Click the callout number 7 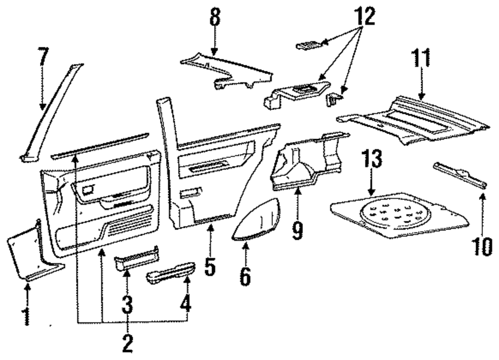click(43, 57)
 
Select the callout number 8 click(215, 17)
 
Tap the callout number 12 click(364, 16)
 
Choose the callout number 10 click(483, 246)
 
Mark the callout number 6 click(245, 276)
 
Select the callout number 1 click(27, 316)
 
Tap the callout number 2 click(127, 344)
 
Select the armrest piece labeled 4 click(171, 273)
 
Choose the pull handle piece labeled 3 click(137, 258)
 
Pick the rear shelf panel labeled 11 click(413, 121)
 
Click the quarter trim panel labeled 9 click(309, 162)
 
